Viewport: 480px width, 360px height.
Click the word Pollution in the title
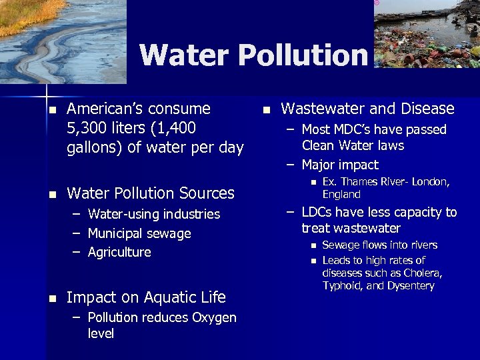tap(303, 55)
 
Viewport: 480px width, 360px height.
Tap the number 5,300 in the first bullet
tap(91, 128)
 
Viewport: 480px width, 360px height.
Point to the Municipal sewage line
tap(139, 233)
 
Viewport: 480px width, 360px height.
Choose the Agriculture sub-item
tap(119, 252)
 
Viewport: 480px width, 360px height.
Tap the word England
tap(341, 195)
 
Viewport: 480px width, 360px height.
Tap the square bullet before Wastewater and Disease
tap(265, 109)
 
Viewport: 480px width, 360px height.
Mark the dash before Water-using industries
tap(77, 214)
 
